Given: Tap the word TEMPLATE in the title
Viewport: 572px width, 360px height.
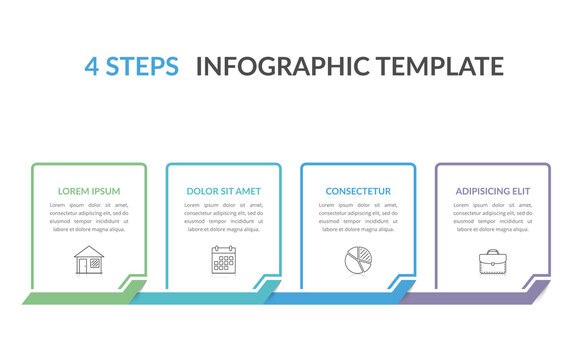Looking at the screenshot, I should coord(437,67).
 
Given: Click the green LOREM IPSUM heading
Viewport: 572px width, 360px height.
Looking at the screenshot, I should coord(89,191).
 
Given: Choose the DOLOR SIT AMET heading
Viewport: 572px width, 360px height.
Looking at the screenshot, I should coord(223,191).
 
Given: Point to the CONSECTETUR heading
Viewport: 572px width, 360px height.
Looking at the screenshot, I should coord(358,191).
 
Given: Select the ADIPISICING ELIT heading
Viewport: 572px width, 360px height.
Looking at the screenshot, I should coord(492,191).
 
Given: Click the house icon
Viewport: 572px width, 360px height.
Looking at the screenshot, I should coord(89,260).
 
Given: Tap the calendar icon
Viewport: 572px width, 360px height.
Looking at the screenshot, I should coord(223,260).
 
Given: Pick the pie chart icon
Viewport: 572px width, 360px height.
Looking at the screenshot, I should coord(358,260).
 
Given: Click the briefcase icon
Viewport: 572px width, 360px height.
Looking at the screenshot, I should coord(492,261).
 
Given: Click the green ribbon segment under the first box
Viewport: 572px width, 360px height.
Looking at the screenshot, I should coord(75,298).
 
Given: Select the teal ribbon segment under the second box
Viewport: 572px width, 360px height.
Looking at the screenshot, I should coord(205,298).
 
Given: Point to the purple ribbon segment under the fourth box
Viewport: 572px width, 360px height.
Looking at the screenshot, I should coord(470,298).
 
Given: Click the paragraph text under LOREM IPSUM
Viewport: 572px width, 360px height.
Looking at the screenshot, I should coord(89,217).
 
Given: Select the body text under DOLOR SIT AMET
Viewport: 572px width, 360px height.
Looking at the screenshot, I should coord(223,217).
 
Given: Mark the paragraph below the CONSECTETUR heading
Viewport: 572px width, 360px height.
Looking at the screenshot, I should coord(358,217).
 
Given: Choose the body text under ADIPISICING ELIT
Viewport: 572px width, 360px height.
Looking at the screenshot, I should coord(492,217).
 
